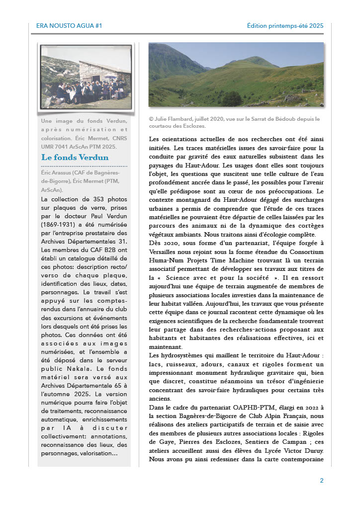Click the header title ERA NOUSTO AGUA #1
[69, 25]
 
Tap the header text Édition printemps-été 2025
[285, 25]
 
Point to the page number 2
[322, 481]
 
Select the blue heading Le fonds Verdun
[75, 158]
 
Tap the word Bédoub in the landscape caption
[285, 119]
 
